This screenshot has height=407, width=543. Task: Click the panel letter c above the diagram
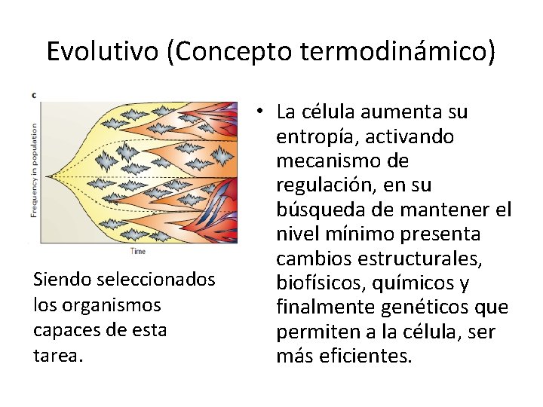[x=34, y=95]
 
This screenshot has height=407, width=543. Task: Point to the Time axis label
[x=138, y=250]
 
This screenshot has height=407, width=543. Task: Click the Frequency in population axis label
[x=34, y=170]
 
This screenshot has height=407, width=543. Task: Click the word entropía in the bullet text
[x=316, y=137]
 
